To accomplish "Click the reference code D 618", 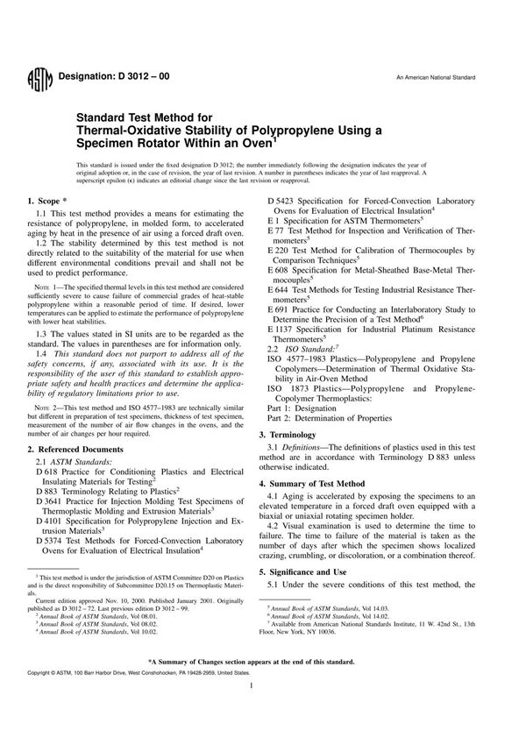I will tap(50, 472).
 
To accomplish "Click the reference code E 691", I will tap(281, 311).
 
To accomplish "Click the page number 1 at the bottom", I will tap(263, 714).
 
